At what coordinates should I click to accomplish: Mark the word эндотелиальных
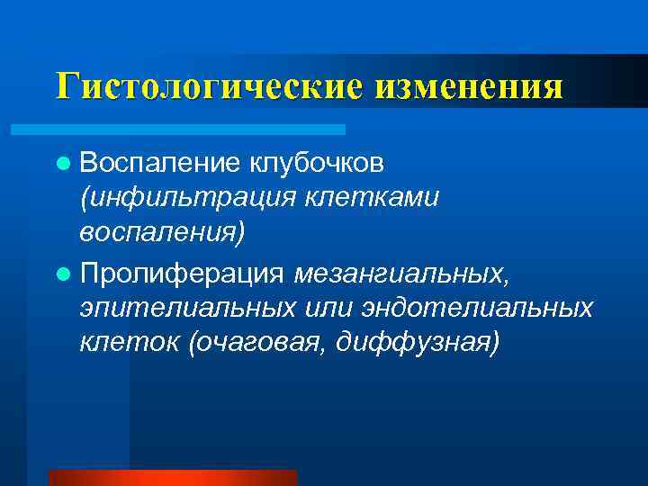pos(478,307)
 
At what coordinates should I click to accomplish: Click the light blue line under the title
pos(198,130)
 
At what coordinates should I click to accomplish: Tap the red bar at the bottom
pos(172,477)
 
